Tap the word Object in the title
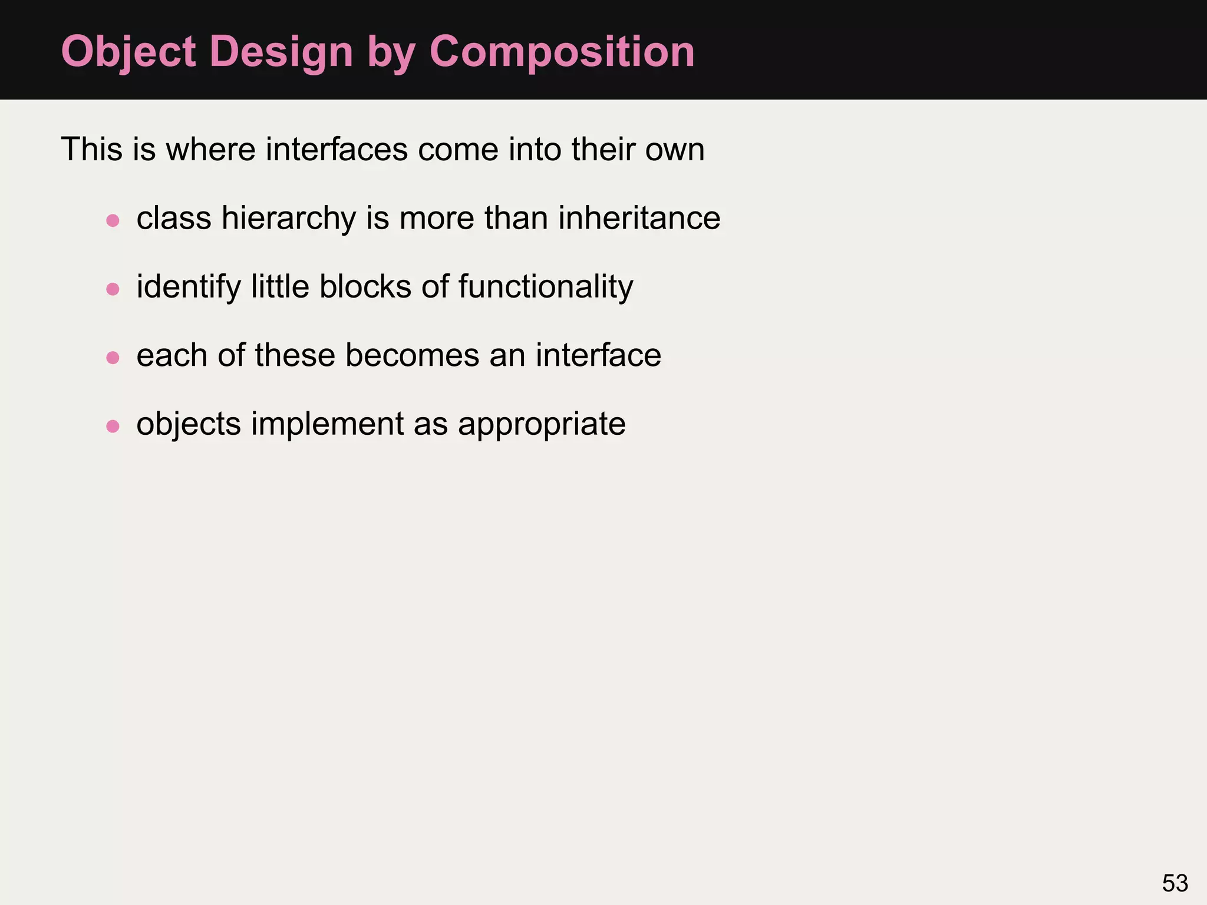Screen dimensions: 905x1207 [128, 52]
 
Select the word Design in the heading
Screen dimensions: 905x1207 [281, 52]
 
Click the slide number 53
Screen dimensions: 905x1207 [1175, 883]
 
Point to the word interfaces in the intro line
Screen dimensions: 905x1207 [337, 149]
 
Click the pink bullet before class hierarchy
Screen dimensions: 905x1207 [113, 220]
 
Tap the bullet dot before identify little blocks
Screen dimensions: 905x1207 [113, 289]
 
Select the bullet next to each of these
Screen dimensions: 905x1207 [113, 358]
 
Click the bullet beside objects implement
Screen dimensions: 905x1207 [113, 426]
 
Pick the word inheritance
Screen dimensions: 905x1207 [639, 218]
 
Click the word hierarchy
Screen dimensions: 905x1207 [289, 219]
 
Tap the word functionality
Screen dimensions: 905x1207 [545, 287]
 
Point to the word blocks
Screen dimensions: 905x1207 [365, 287]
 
